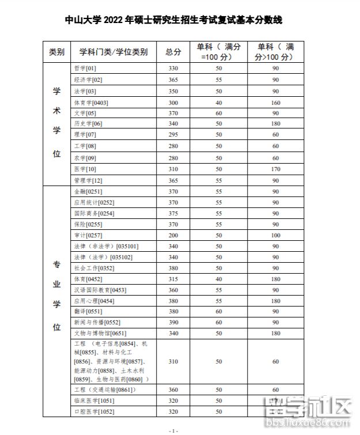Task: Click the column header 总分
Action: coord(173,52)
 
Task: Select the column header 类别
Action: coord(56,52)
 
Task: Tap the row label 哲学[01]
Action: coord(85,69)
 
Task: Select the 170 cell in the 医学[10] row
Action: coord(275,169)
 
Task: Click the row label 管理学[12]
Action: coord(88,180)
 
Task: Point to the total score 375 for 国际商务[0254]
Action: coord(173,213)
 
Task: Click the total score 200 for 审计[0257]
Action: coord(173,235)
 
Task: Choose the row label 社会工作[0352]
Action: coord(92,268)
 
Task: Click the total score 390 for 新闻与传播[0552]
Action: coord(173,322)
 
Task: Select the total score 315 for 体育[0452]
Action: coord(173,279)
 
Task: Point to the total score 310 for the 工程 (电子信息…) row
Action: coord(173,361)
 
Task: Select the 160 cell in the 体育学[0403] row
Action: coord(275,102)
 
